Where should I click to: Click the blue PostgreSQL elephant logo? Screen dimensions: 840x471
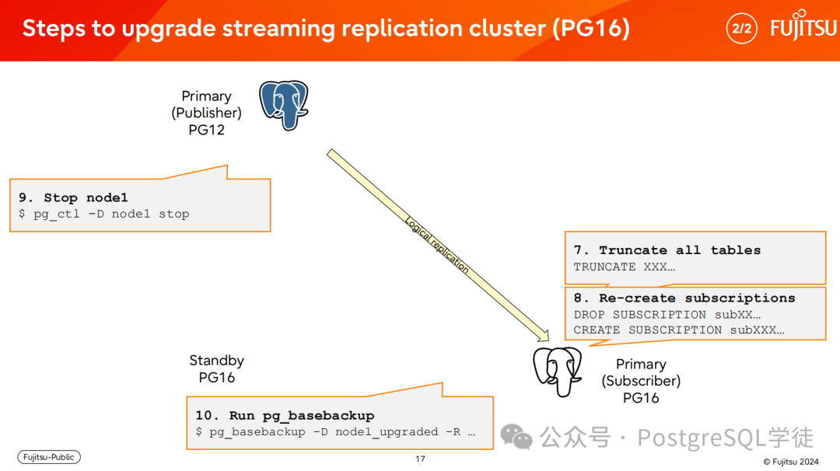tap(283, 105)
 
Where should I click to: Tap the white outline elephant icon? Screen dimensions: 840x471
tap(557, 372)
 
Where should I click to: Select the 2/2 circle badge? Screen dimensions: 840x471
tap(741, 28)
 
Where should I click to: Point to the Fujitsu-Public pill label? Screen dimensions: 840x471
tap(49, 457)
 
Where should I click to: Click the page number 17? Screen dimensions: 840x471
tap(420, 459)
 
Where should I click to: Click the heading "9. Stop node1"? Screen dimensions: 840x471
tap(73, 197)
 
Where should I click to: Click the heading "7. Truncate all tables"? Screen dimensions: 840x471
tap(667, 250)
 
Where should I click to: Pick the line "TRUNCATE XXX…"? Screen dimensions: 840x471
tap(624, 267)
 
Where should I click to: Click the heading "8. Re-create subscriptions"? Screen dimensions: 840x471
tap(684, 298)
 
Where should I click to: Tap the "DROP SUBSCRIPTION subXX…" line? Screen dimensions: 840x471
tap(667, 315)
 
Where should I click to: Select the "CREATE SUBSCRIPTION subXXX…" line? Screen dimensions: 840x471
tap(679, 330)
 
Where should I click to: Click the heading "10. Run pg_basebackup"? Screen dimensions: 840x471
tap(285, 416)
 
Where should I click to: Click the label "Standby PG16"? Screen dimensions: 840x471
tap(216, 368)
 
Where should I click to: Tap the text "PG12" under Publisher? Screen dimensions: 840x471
tap(206, 130)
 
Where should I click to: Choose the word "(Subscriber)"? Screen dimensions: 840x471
tap(641, 381)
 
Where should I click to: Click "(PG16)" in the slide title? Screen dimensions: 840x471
tap(592, 28)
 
